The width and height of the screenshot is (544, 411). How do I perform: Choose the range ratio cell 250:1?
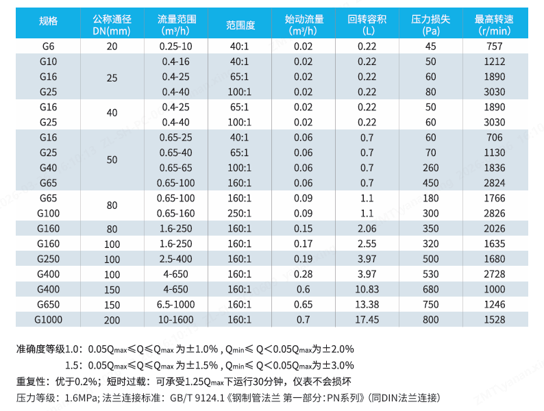click(239, 213)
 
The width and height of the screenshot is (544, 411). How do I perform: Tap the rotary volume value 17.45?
click(367, 319)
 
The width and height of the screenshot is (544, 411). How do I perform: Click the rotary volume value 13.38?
click(367, 304)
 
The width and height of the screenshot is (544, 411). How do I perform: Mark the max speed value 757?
click(494, 47)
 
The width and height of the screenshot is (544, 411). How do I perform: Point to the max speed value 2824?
click(494, 183)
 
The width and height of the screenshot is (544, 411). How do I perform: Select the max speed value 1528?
click(494, 319)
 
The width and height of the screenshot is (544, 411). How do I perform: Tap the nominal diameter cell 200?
click(112, 320)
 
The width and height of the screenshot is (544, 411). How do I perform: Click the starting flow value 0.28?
click(303, 274)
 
